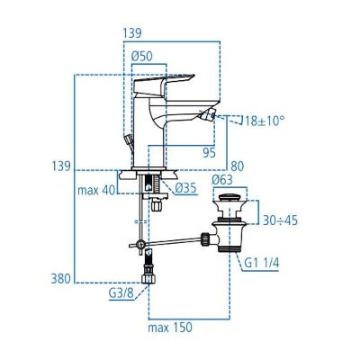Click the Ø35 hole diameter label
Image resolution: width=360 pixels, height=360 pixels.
[x=186, y=187]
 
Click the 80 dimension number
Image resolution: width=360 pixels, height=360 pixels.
[x=237, y=166]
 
